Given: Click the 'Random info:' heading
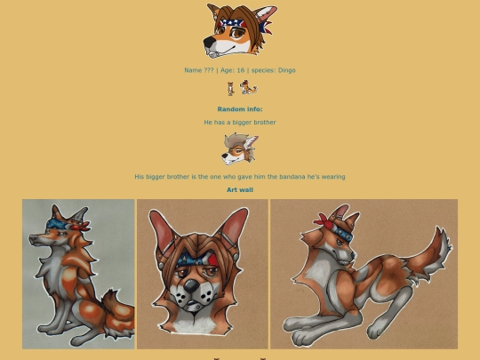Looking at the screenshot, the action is tap(240, 109).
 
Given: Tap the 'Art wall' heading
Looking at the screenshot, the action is tap(240, 190).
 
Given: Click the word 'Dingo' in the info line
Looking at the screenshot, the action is tap(287, 70).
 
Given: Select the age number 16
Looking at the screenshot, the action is tap(241, 70).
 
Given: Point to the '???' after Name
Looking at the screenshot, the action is tap(208, 70).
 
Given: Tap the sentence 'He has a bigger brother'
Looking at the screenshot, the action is tap(240, 123).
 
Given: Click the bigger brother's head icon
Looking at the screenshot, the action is tap(240, 148).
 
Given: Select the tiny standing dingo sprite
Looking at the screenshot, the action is tap(230, 89).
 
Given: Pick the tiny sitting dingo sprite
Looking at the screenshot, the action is tap(248, 87).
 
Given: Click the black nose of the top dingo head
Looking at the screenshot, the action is tap(210, 41).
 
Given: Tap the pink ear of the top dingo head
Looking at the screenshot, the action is tap(266, 13).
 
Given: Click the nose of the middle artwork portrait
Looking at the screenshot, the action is tap(192, 286).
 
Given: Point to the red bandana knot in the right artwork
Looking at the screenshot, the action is tap(323, 221).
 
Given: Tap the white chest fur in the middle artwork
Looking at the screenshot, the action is tap(196, 325).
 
